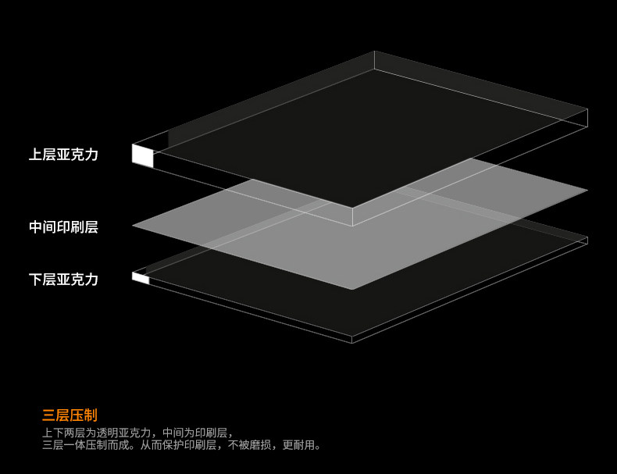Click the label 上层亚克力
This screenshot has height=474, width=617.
63,155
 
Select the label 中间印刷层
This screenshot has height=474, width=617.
63,227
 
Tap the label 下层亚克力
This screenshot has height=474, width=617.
63,279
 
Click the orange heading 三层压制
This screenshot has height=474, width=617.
70,415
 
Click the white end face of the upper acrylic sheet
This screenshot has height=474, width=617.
142,155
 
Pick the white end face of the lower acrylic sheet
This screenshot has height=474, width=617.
141,277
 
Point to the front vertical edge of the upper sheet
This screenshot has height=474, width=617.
352,216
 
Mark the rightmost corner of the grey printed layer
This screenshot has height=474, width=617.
587,190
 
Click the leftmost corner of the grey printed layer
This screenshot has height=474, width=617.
134,226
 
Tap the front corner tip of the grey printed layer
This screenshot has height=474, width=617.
351,289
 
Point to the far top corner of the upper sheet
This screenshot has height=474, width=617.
375,52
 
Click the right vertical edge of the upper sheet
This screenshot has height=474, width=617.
587,117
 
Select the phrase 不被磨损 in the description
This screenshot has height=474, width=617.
252,445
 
